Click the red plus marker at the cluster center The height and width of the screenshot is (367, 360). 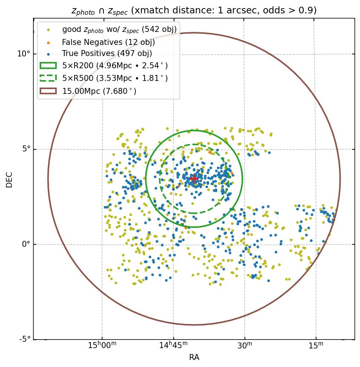coord(194,179)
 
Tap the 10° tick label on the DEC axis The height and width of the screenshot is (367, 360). coord(23,54)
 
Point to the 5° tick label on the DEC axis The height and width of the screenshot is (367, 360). coord(26,149)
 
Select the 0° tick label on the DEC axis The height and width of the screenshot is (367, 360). coord(26,244)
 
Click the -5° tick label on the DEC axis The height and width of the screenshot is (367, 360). coord(24,339)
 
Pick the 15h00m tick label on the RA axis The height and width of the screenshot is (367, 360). coord(102,345)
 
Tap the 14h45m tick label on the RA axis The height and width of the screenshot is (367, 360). coord(174,345)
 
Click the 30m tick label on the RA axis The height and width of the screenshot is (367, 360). coord(245,345)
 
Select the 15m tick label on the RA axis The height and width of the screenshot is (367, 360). coord(316,345)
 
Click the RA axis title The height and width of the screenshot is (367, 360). coord(194,357)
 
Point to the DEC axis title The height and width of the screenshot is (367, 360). coord(9,180)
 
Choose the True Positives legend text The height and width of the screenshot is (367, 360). coord(107,54)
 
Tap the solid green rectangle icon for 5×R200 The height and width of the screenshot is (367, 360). coord(48,66)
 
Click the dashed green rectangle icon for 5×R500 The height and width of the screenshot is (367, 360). coord(48,78)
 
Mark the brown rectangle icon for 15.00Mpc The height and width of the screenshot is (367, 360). coord(48,91)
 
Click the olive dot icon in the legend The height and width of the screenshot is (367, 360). coord(48,30)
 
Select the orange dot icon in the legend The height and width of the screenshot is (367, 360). coord(48,42)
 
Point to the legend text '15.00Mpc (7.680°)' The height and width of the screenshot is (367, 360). coord(99,91)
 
